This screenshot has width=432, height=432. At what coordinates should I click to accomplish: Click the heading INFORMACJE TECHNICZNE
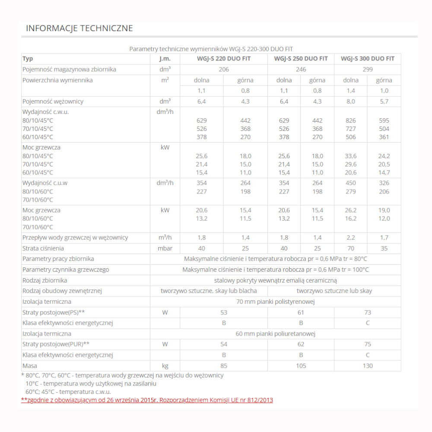(79, 29)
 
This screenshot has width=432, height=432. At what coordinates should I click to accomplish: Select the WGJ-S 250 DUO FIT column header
(301, 59)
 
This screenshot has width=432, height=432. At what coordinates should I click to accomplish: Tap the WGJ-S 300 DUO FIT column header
(368, 59)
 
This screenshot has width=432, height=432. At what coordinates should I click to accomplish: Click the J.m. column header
(165, 59)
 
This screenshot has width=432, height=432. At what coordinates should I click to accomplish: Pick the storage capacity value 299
(368, 69)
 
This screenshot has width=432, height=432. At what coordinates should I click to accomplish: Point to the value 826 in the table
(351, 121)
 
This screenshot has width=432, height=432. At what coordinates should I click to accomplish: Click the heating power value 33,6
(351, 156)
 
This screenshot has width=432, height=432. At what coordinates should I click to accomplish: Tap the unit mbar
(165, 248)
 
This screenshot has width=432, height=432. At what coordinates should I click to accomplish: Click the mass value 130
(368, 366)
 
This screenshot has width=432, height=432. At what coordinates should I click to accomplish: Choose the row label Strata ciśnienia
(43, 248)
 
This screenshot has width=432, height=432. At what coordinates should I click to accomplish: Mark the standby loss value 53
(224, 312)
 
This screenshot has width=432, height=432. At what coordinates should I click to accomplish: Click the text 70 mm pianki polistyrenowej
(276, 302)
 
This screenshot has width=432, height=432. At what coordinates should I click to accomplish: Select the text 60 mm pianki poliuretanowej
(276, 334)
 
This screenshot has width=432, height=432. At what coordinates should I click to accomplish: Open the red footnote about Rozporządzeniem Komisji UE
(147, 400)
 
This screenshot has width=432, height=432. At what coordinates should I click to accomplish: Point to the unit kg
(165, 366)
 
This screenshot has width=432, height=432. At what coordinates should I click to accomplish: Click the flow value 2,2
(351, 238)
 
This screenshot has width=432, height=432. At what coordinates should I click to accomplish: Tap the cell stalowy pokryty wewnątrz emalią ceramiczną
(276, 280)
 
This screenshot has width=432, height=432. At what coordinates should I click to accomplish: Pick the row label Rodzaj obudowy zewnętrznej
(62, 291)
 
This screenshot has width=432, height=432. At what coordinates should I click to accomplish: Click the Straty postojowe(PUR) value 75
(368, 344)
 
